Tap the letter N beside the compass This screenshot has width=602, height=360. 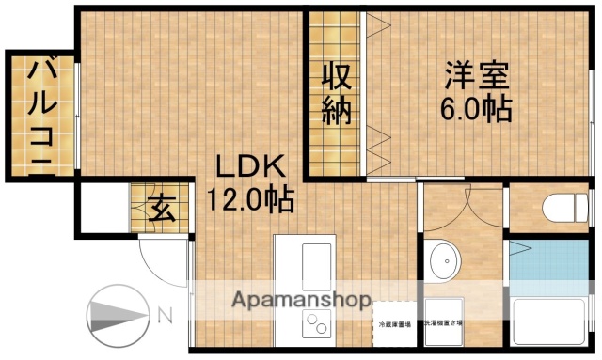pos(164,313)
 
